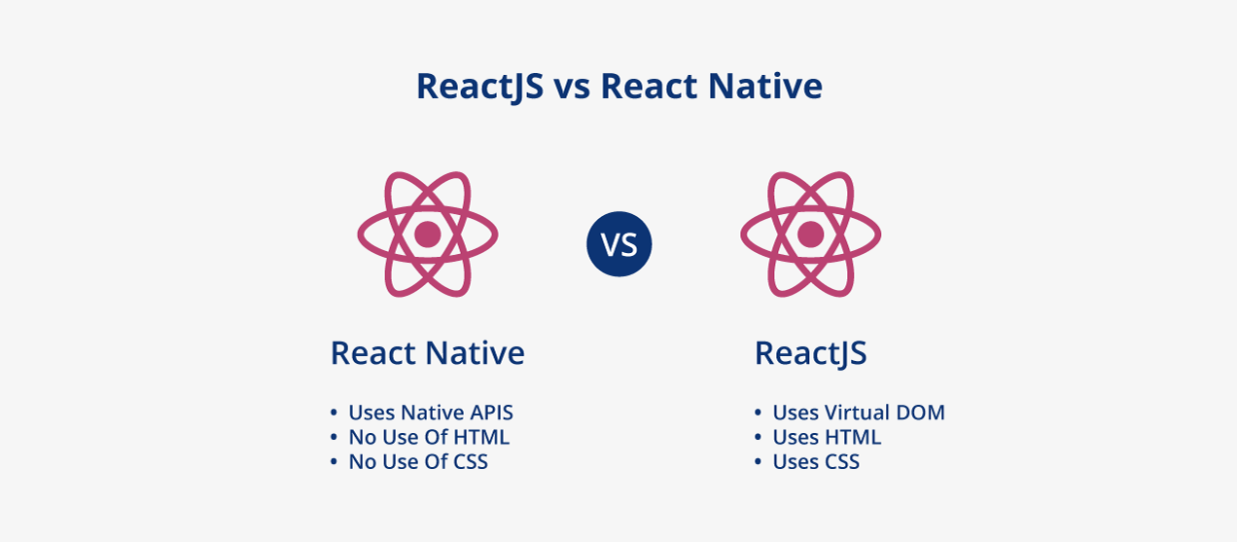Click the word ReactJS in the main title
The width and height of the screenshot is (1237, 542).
click(479, 87)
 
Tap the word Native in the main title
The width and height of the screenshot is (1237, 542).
click(764, 87)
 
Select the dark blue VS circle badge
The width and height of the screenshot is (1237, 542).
click(618, 243)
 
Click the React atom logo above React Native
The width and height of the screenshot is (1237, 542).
click(428, 234)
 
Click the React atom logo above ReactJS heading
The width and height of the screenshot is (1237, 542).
click(810, 234)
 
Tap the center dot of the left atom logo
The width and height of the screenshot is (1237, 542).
click(428, 234)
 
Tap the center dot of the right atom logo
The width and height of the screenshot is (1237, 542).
click(810, 234)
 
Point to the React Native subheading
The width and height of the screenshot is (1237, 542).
click(427, 352)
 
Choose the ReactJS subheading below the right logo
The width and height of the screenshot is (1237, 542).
click(810, 353)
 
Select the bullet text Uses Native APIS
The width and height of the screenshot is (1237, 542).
click(430, 413)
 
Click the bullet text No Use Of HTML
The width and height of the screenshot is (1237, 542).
click(428, 437)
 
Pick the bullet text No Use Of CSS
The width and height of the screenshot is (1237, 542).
click(417, 461)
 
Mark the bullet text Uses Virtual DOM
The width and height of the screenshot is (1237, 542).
click(858, 413)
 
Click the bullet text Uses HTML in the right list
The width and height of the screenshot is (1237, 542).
click(826, 437)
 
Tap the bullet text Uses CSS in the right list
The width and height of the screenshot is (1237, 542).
click(815, 461)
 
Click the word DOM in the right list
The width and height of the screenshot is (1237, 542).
click(920, 413)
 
